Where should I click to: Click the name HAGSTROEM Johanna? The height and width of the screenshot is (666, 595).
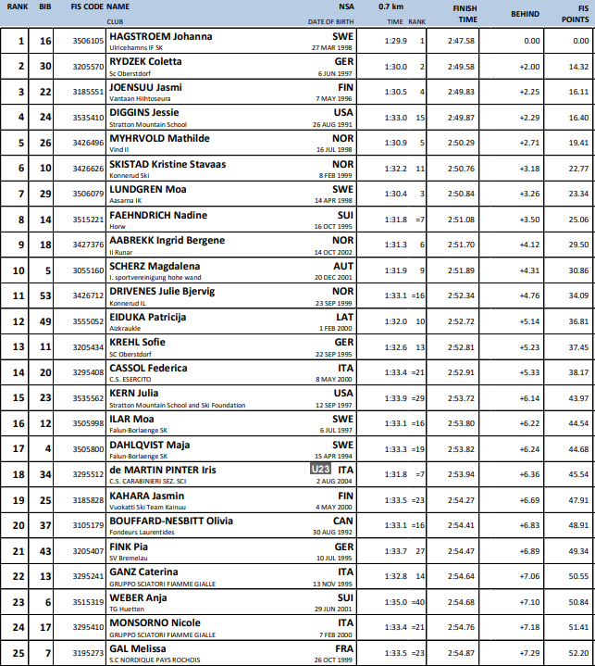tap(160, 37)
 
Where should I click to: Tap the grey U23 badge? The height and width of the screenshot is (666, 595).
tap(320, 471)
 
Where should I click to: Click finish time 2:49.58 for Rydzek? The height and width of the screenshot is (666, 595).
tap(462, 67)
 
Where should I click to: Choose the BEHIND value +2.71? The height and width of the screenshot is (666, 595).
tap(529, 143)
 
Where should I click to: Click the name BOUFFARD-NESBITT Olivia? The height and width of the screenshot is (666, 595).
tap(170, 521)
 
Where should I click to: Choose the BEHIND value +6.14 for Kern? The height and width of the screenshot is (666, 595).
tap(529, 397)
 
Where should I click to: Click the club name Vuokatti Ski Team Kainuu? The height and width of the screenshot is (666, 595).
tap(149, 508)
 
